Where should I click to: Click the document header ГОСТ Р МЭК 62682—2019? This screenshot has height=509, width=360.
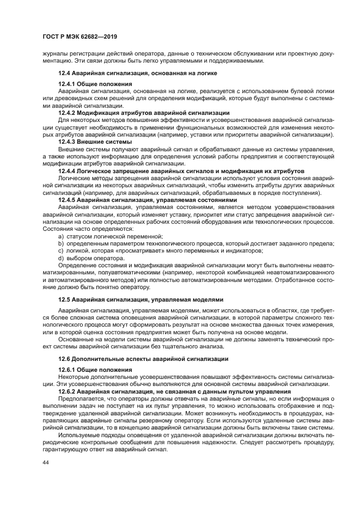tap(80, 36)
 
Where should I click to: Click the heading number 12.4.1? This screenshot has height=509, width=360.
tap(67, 84)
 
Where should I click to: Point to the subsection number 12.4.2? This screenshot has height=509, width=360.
tap(67, 112)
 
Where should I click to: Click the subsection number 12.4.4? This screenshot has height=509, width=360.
tap(67, 171)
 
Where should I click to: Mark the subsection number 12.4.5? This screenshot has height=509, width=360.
tap(67, 200)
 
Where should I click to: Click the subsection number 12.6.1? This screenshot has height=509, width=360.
tap(67, 370)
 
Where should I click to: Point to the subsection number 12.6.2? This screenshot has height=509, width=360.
tap(67, 392)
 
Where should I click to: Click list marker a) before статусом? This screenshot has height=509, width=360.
tap(60, 236)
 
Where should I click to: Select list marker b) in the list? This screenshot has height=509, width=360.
tap(60, 243)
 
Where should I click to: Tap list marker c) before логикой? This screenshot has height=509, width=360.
tap(60, 250)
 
